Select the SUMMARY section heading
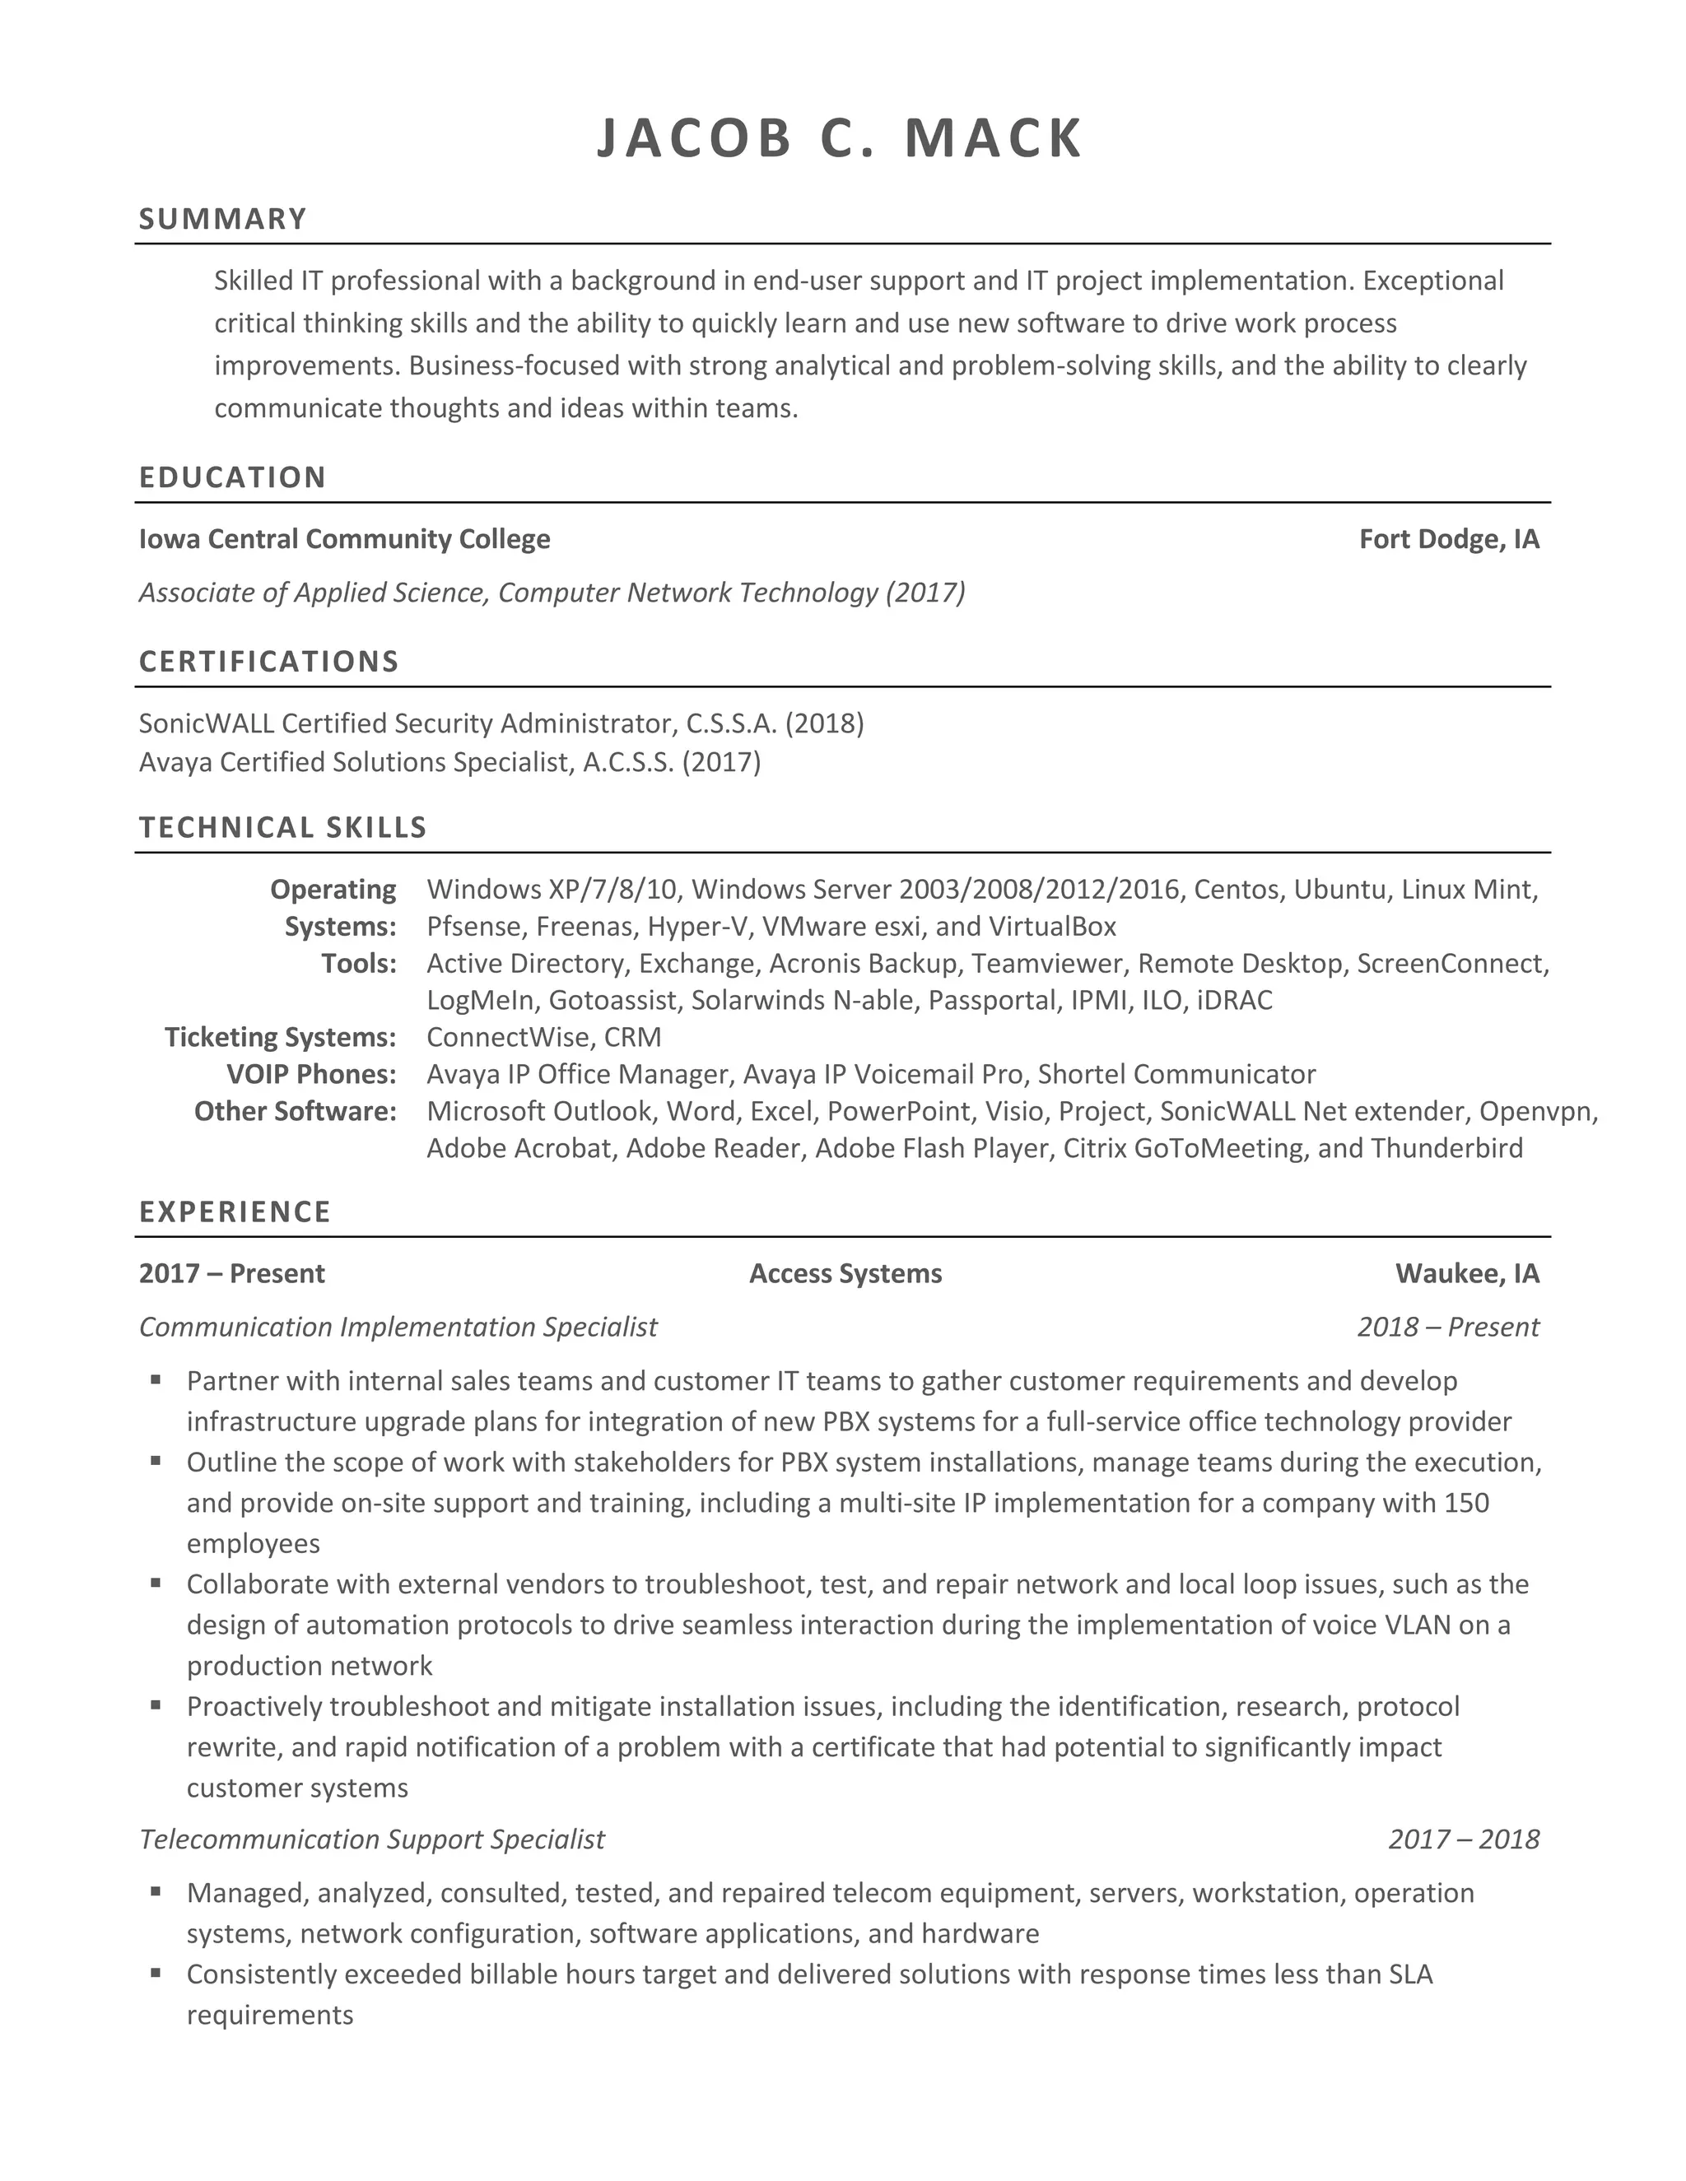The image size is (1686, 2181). (223, 219)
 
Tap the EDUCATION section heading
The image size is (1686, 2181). (233, 477)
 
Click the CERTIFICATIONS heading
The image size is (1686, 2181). (268, 661)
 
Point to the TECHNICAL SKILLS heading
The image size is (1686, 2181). (282, 827)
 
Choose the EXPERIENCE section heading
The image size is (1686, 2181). (235, 1211)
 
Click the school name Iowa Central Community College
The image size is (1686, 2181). (345, 539)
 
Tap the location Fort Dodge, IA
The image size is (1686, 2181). (1449, 539)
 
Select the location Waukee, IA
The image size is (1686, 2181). (1467, 1273)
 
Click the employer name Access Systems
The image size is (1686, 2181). (845, 1273)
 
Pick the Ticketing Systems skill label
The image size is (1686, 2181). (281, 1036)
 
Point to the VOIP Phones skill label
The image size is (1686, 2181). (312, 1073)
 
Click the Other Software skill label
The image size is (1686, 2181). (296, 1110)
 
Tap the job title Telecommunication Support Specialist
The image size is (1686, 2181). (371, 1839)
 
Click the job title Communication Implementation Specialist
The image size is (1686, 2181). (398, 1326)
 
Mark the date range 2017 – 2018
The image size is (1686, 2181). (1463, 1839)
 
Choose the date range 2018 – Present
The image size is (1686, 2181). (1448, 1326)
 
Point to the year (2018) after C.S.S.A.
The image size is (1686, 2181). (825, 722)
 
